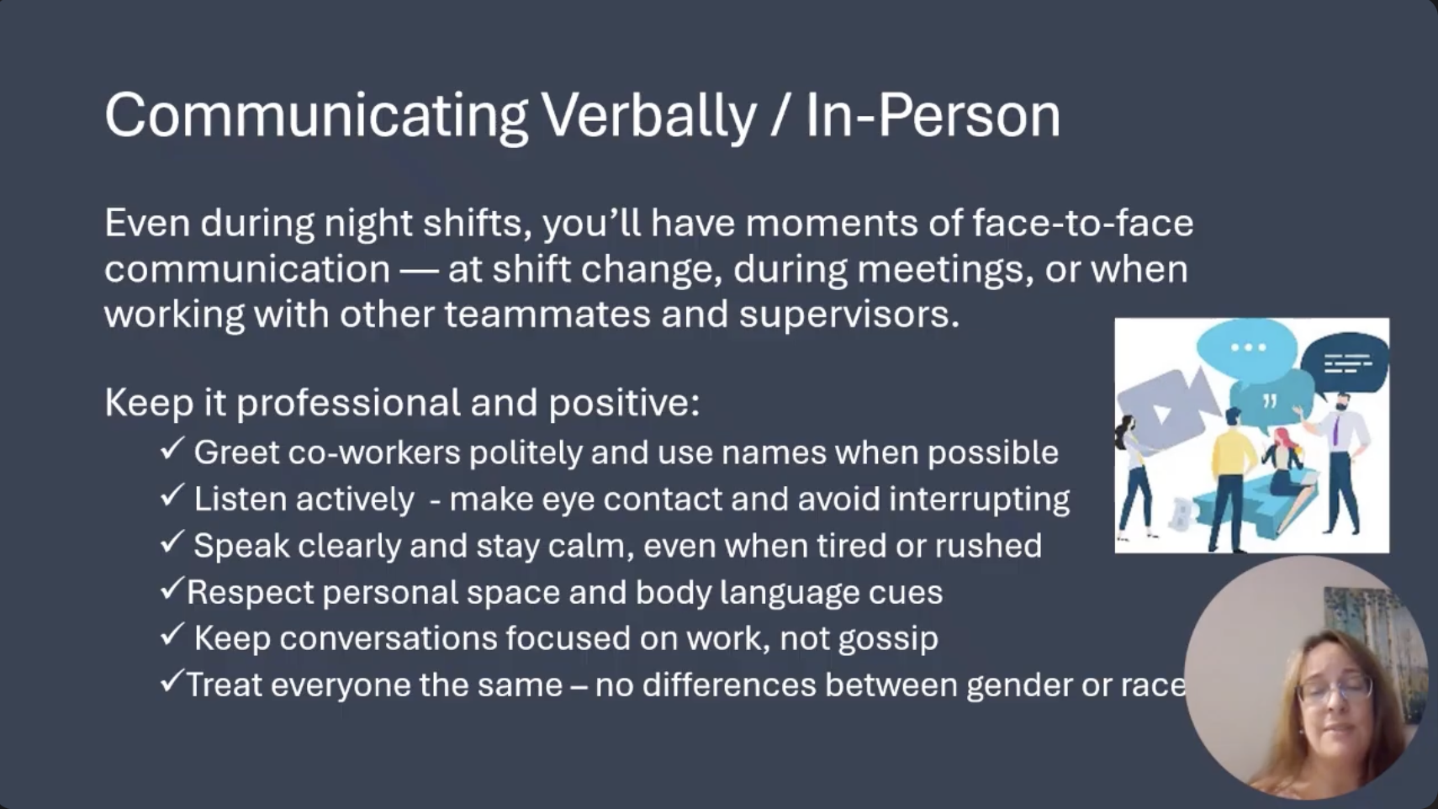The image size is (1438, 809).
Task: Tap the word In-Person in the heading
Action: [933, 115]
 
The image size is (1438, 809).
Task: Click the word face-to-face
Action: [1082, 222]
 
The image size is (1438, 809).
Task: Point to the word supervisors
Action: [849, 315]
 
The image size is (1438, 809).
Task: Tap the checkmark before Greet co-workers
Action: [172, 448]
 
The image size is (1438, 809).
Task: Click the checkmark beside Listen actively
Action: [172, 495]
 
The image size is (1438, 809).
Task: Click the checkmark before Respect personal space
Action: [172, 588]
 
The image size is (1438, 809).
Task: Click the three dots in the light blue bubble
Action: [1249, 347]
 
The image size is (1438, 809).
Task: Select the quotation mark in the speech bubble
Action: [1269, 402]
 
